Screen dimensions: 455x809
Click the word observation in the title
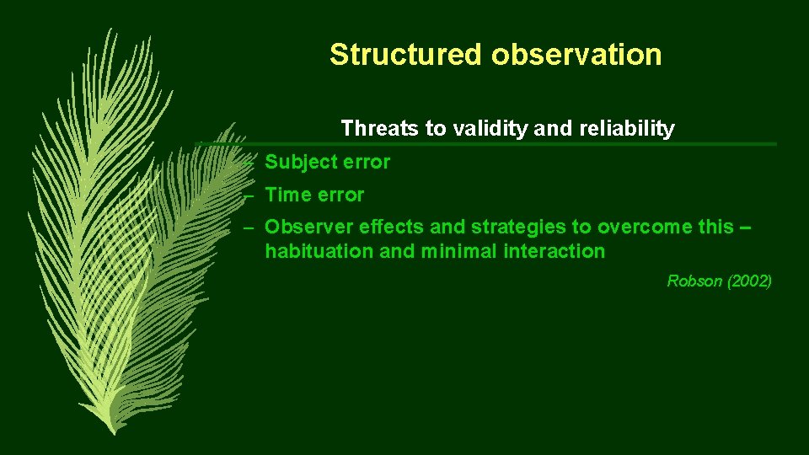(x=577, y=55)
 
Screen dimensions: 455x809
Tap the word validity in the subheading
(x=492, y=129)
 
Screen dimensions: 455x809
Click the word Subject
(x=300, y=163)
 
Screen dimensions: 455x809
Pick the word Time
(x=287, y=195)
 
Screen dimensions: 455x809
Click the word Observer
(x=308, y=227)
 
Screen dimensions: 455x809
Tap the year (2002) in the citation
(x=748, y=281)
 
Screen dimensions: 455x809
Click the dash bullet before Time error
(x=248, y=195)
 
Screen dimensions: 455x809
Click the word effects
(x=392, y=227)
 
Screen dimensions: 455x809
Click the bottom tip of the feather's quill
(x=111, y=432)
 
